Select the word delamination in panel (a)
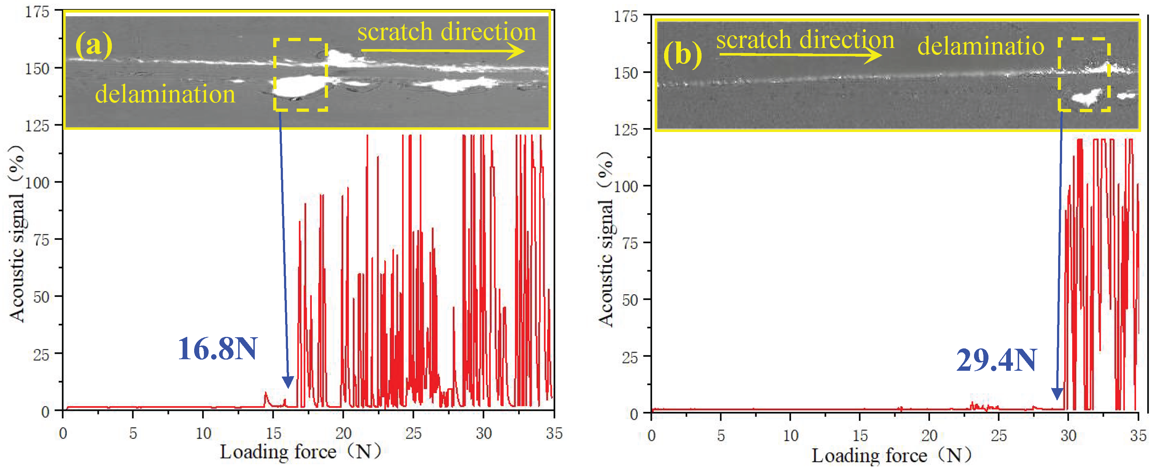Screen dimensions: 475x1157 tap(165, 94)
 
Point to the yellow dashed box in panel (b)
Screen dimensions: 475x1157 tap(1084, 75)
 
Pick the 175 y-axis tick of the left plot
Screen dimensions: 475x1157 tap(37, 12)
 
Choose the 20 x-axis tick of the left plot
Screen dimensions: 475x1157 tap(343, 434)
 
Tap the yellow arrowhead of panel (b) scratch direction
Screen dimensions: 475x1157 tap(874, 55)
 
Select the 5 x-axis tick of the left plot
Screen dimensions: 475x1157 tap(133, 434)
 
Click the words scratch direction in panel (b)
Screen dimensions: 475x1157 tap(805, 40)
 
